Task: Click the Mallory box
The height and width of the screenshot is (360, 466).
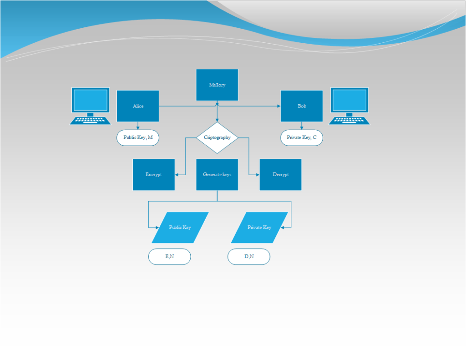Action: click(217, 85)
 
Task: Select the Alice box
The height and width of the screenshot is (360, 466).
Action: click(138, 106)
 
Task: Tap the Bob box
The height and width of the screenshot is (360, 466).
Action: click(302, 106)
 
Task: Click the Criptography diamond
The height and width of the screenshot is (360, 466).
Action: click(217, 137)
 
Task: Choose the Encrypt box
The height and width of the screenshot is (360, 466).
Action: click(154, 174)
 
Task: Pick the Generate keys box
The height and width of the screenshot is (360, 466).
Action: click(217, 174)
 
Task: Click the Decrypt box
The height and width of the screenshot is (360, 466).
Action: click(280, 174)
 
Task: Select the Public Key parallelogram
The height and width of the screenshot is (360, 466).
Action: click(180, 228)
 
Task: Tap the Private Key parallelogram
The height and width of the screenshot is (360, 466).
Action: click(259, 228)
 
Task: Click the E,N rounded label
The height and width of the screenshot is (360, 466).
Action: click(170, 257)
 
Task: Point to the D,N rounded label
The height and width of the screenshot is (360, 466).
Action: click(249, 257)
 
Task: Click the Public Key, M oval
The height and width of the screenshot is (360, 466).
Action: click(138, 137)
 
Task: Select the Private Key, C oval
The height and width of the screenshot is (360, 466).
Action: click(302, 137)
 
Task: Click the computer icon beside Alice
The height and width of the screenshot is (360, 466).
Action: click(91, 106)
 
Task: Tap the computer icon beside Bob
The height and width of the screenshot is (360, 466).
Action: click(349, 106)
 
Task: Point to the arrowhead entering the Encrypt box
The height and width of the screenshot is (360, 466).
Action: click(177, 175)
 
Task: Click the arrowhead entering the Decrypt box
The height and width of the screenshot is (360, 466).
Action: click(258, 175)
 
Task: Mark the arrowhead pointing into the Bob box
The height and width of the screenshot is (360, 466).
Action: click(279, 106)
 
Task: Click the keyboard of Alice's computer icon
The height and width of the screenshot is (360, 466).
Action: click(91, 121)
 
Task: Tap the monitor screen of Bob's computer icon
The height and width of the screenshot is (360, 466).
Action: click(349, 100)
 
